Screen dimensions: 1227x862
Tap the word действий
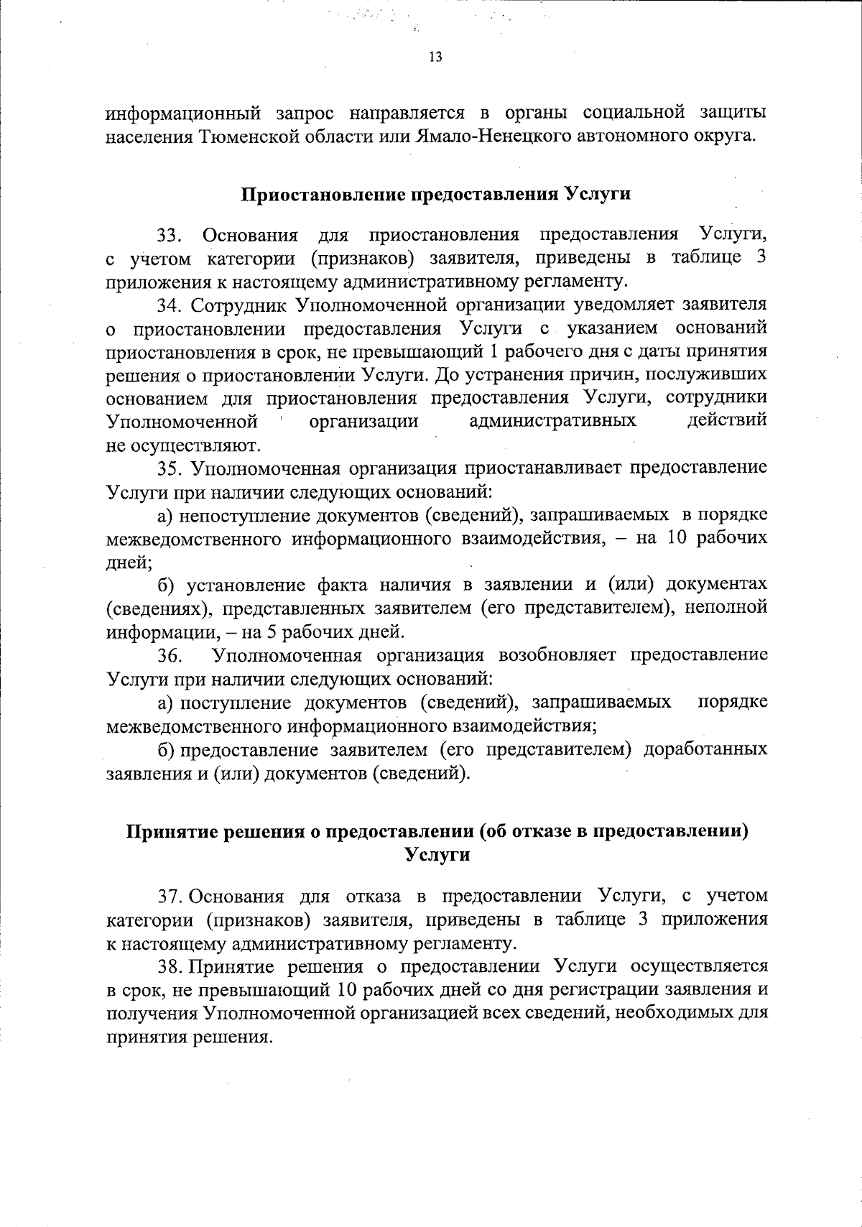pyautogui.click(x=727, y=420)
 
